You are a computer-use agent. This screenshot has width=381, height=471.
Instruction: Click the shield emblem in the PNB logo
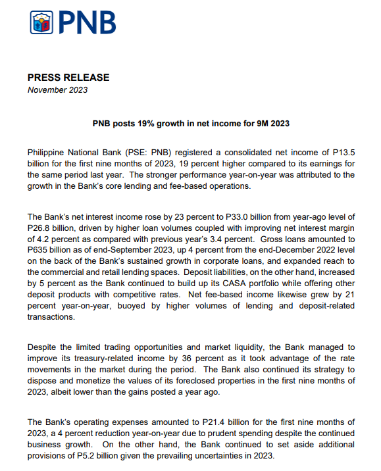coord(41,23)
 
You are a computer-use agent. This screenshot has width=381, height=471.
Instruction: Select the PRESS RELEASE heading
coord(68,78)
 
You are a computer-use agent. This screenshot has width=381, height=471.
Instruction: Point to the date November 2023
coord(57,90)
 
